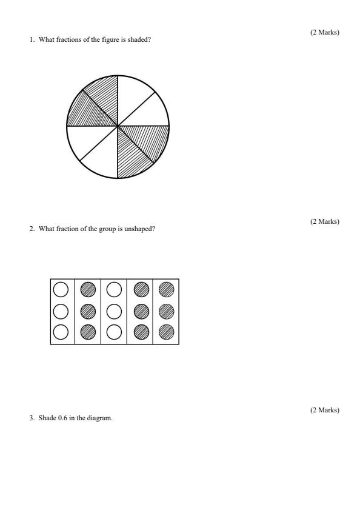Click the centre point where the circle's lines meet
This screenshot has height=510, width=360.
coord(118,126)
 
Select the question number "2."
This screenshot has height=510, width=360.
coord(32,229)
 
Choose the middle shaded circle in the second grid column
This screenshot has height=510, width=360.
coord(88,310)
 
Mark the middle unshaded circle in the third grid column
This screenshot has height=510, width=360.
coord(114,310)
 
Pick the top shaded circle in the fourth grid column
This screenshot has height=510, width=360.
coord(140,289)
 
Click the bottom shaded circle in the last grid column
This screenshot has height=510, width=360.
coord(165,332)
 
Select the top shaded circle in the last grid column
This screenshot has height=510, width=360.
coord(165,289)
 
